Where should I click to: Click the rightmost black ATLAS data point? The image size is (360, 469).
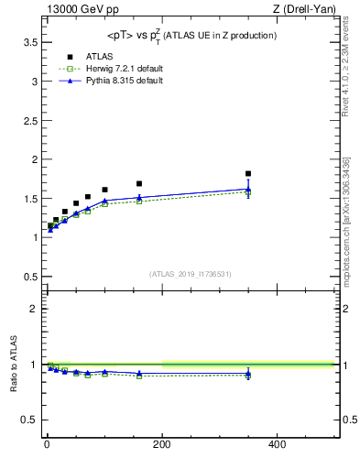tap(248, 173)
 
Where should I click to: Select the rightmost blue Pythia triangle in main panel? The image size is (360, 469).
tap(248, 190)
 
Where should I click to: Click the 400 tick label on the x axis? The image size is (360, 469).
tap(277, 445)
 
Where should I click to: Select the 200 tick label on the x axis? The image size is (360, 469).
tap(161, 445)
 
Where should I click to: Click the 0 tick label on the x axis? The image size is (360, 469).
tap(47, 445)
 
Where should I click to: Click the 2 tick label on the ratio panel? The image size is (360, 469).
tap(32, 309)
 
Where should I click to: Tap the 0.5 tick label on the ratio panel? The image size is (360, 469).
tap(27, 420)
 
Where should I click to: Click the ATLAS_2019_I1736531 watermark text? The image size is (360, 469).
tap(191, 274)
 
